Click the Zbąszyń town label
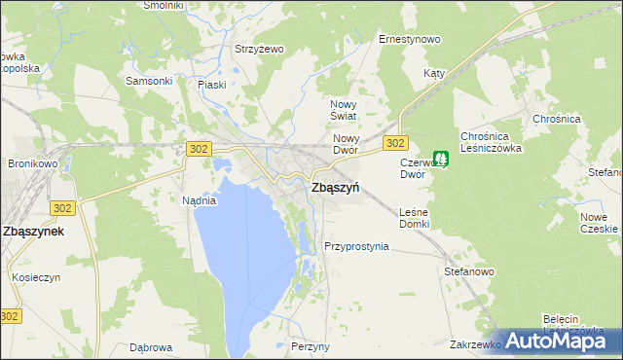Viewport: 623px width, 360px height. tap(333, 191)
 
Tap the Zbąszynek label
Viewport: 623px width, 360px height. tap(34, 232)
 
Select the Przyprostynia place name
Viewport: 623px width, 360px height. tap(356, 246)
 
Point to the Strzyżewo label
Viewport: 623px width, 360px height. tap(258, 49)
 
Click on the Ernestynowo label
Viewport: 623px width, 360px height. tap(409, 40)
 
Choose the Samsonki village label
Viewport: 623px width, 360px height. tap(149, 81)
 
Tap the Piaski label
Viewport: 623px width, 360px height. tap(211, 85)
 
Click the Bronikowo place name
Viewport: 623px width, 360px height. tap(34, 163)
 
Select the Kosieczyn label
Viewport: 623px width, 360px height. tap(36, 277)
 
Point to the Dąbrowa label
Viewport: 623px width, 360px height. tap(151, 346)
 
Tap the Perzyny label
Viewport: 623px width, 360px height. tap(311, 346)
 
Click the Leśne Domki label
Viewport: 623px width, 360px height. tap(414, 218)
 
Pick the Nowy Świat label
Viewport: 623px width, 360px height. tap(345, 110)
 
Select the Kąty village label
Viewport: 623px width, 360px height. tap(434, 73)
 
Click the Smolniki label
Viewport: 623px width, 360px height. tap(163, 5)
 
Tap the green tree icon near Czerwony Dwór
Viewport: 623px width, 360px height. tap(441, 157)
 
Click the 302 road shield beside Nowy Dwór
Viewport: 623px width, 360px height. tap(394, 143)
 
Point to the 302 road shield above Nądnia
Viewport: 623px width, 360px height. tap(198, 148)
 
